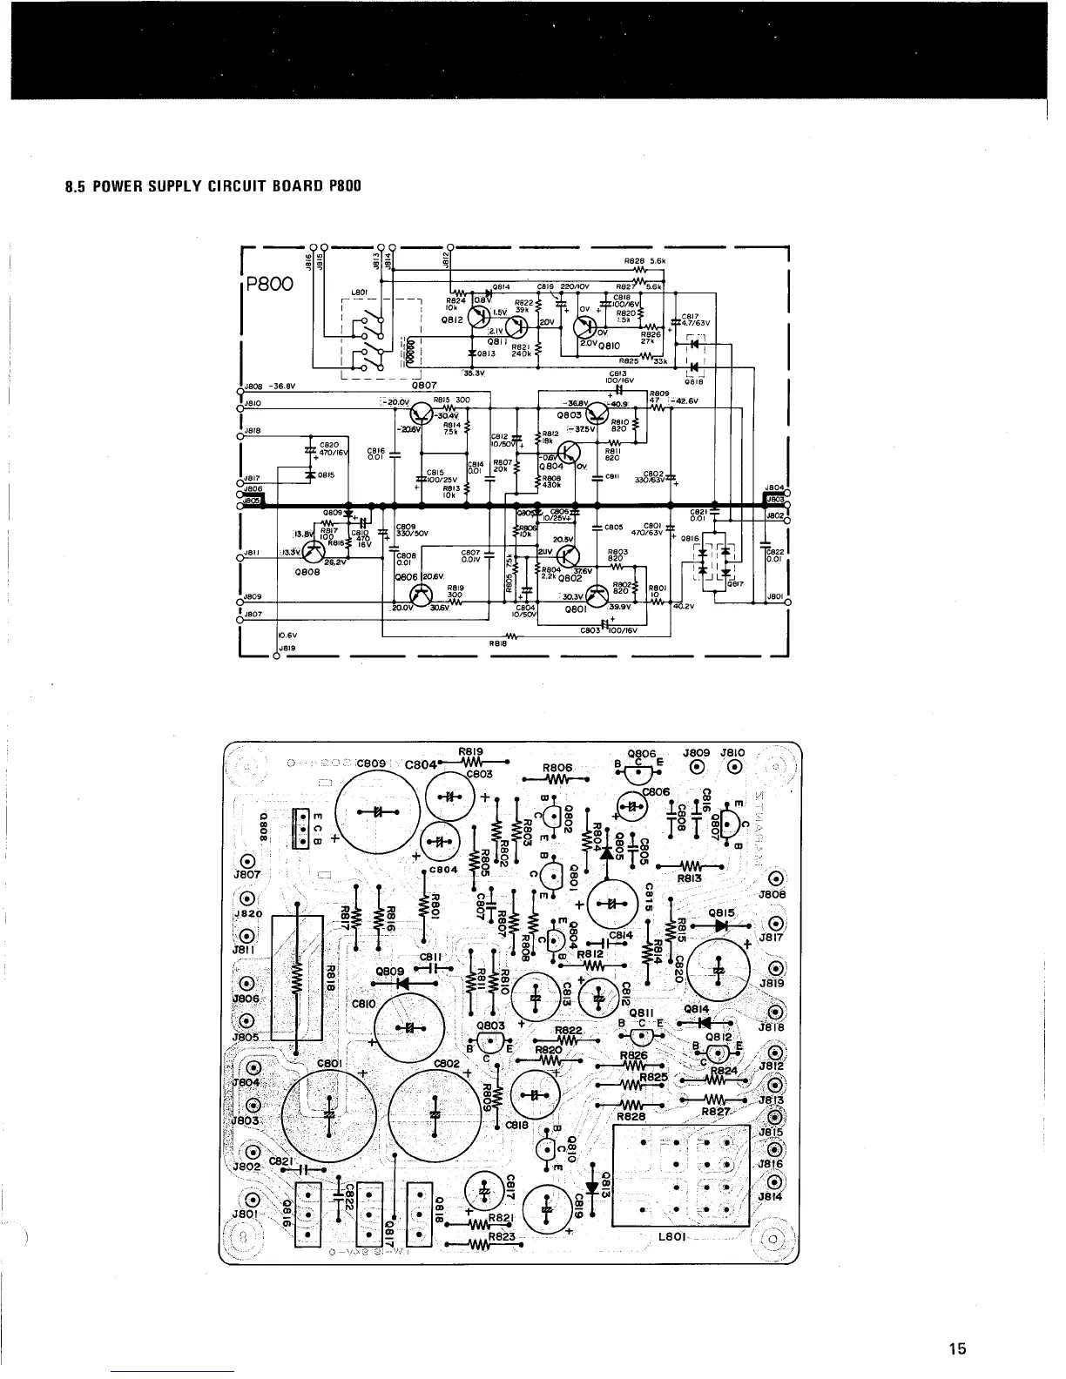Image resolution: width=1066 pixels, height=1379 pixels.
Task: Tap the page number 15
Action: point(957,1349)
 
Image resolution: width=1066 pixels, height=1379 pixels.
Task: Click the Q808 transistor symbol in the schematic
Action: point(309,552)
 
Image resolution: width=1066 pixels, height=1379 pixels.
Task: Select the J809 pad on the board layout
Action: point(697,767)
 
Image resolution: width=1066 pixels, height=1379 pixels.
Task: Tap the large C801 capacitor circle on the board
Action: point(329,1115)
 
